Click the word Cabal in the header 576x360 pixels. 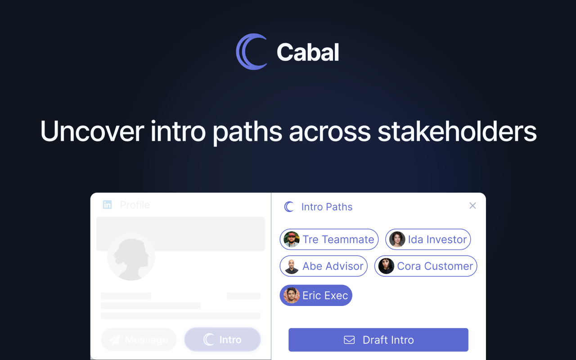(x=308, y=52)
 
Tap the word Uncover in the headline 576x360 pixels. (x=92, y=131)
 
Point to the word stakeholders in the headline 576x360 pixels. (x=457, y=131)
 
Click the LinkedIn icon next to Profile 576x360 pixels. (x=107, y=205)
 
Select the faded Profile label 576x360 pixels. (x=135, y=205)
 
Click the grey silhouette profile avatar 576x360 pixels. (x=131, y=257)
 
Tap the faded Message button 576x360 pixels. (x=139, y=340)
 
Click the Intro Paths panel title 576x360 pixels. (x=327, y=207)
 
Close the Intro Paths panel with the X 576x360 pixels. (x=472, y=206)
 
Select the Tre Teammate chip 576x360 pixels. (x=329, y=239)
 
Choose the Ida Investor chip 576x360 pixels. (x=428, y=239)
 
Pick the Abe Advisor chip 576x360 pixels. (x=324, y=266)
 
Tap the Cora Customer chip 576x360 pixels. (x=426, y=266)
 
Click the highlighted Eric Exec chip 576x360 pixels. (x=316, y=295)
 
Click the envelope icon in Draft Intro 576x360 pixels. (x=349, y=340)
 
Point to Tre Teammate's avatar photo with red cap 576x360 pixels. (x=292, y=239)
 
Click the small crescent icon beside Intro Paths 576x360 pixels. (x=289, y=207)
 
